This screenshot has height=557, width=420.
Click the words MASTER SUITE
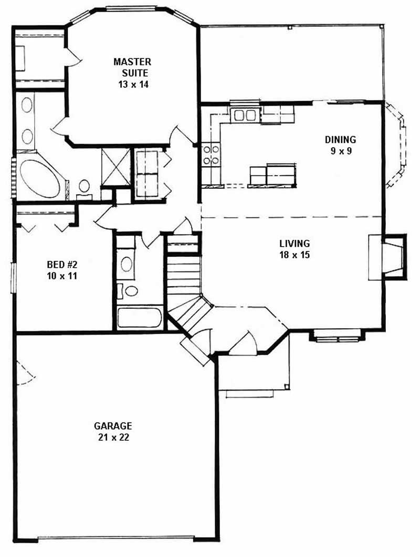[131, 67]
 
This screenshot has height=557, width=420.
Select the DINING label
[340, 139]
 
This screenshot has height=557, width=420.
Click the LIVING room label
[294, 244]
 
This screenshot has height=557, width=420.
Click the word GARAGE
[113, 426]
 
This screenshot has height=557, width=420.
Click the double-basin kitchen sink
[245, 115]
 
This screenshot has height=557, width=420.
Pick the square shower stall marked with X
[115, 167]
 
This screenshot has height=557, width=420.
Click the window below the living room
[336, 335]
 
